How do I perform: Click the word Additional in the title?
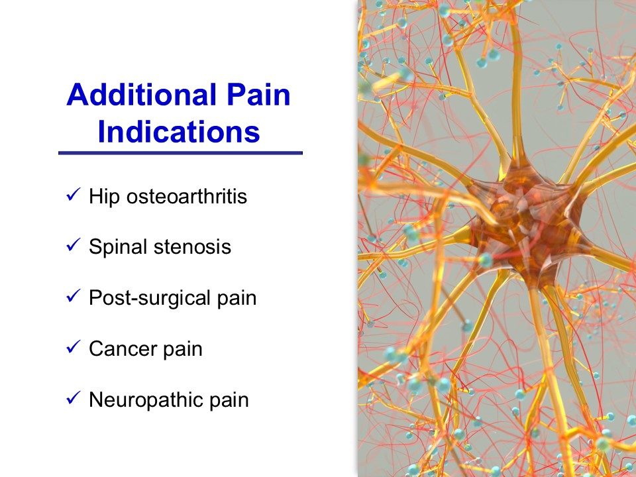[140, 95]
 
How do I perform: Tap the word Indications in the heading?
[179, 132]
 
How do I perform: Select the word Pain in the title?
[258, 95]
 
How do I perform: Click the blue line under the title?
[180, 153]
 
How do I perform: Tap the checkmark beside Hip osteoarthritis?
[73, 195]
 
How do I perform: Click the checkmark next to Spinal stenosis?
[73, 245]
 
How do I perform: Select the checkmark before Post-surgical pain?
[73, 296]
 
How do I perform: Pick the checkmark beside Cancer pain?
[73, 347]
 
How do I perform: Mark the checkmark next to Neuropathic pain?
[73, 398]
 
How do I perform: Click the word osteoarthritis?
[187, 196]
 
